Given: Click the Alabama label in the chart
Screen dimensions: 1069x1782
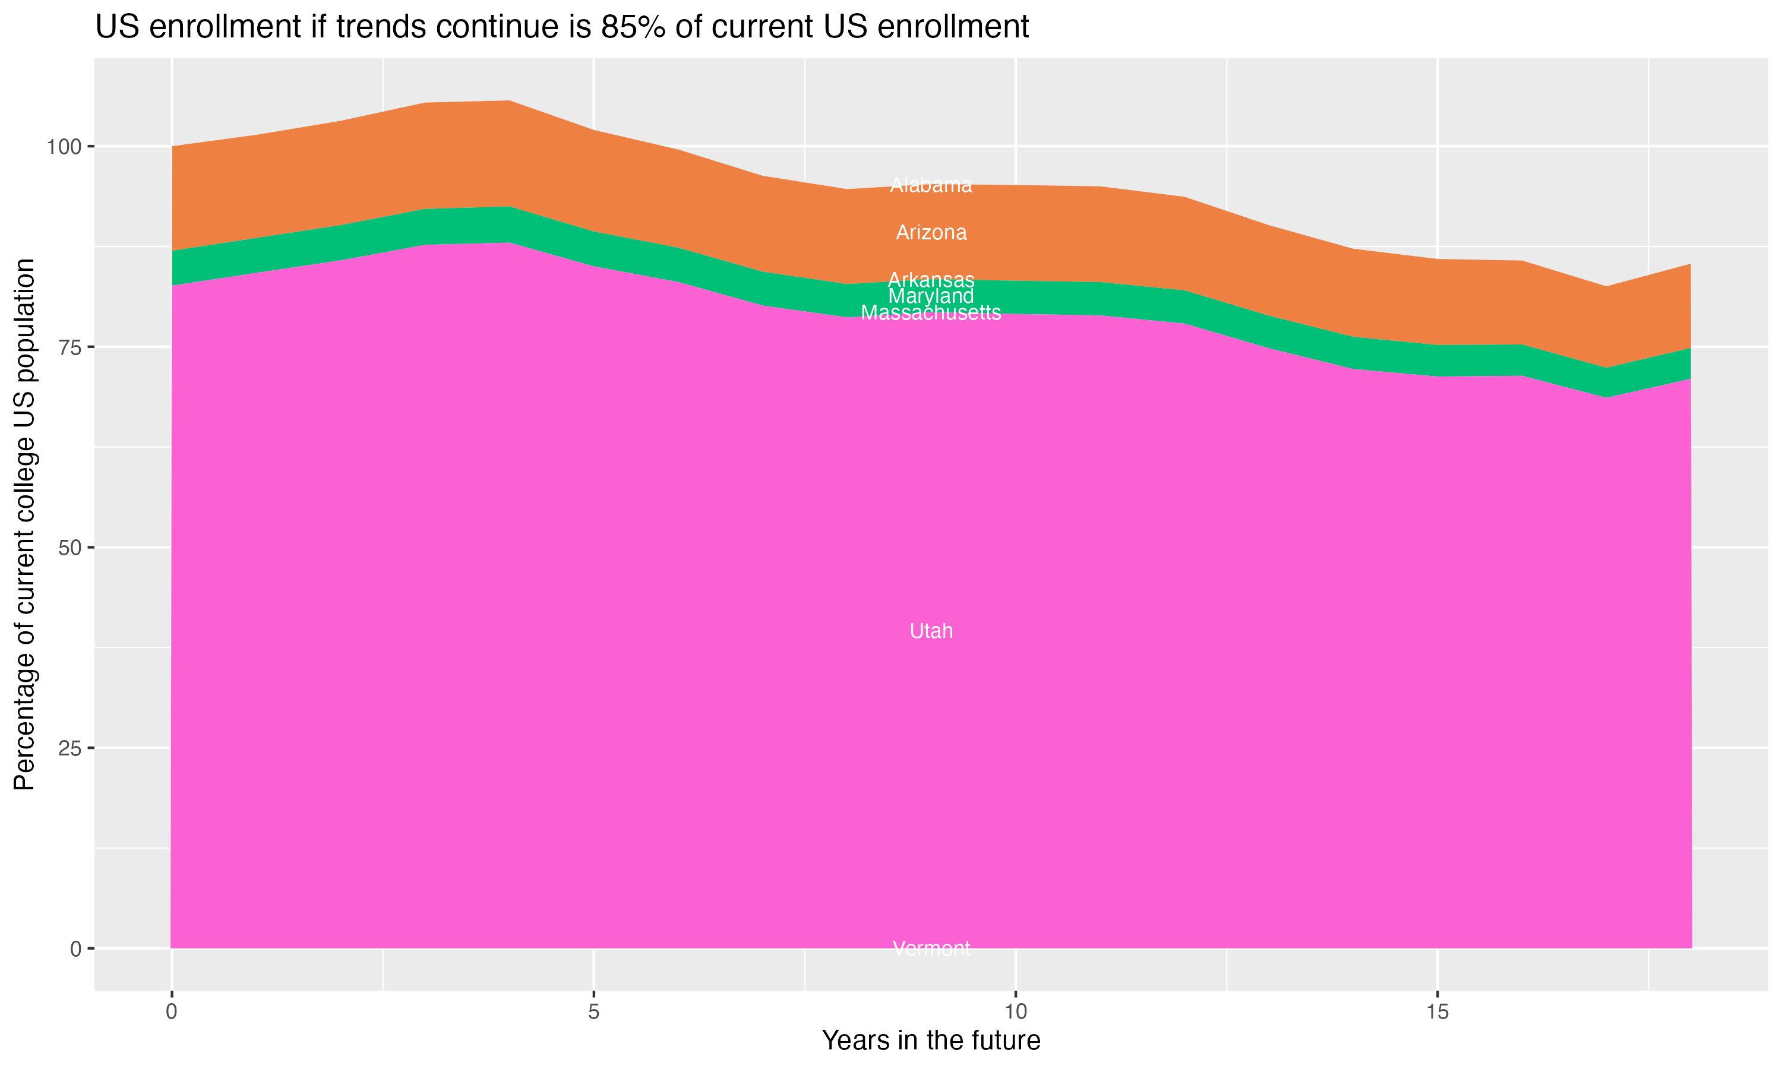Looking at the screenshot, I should pos(931,186).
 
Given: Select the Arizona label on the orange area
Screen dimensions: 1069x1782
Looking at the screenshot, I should pos(931,233).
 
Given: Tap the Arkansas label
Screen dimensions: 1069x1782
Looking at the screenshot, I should pos(931,280).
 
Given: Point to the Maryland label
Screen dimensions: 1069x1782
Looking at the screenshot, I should pos(931,296).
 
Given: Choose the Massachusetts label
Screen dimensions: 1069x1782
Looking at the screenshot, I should pos(931,312).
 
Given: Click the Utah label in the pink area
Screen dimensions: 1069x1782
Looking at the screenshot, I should pos(931,631).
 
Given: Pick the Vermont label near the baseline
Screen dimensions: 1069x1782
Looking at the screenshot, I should pos(931,948).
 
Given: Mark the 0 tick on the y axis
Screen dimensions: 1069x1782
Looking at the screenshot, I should pos(75,948).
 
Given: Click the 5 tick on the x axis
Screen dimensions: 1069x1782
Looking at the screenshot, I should pos(593,1012).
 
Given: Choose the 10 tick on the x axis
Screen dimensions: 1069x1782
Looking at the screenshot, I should pos(1016,1012).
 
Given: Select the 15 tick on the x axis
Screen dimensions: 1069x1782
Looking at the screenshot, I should pos(1437,1012).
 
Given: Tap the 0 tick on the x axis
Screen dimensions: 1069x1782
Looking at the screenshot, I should pos(172,1012).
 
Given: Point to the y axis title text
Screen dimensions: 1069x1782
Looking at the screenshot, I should pos(24,524).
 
